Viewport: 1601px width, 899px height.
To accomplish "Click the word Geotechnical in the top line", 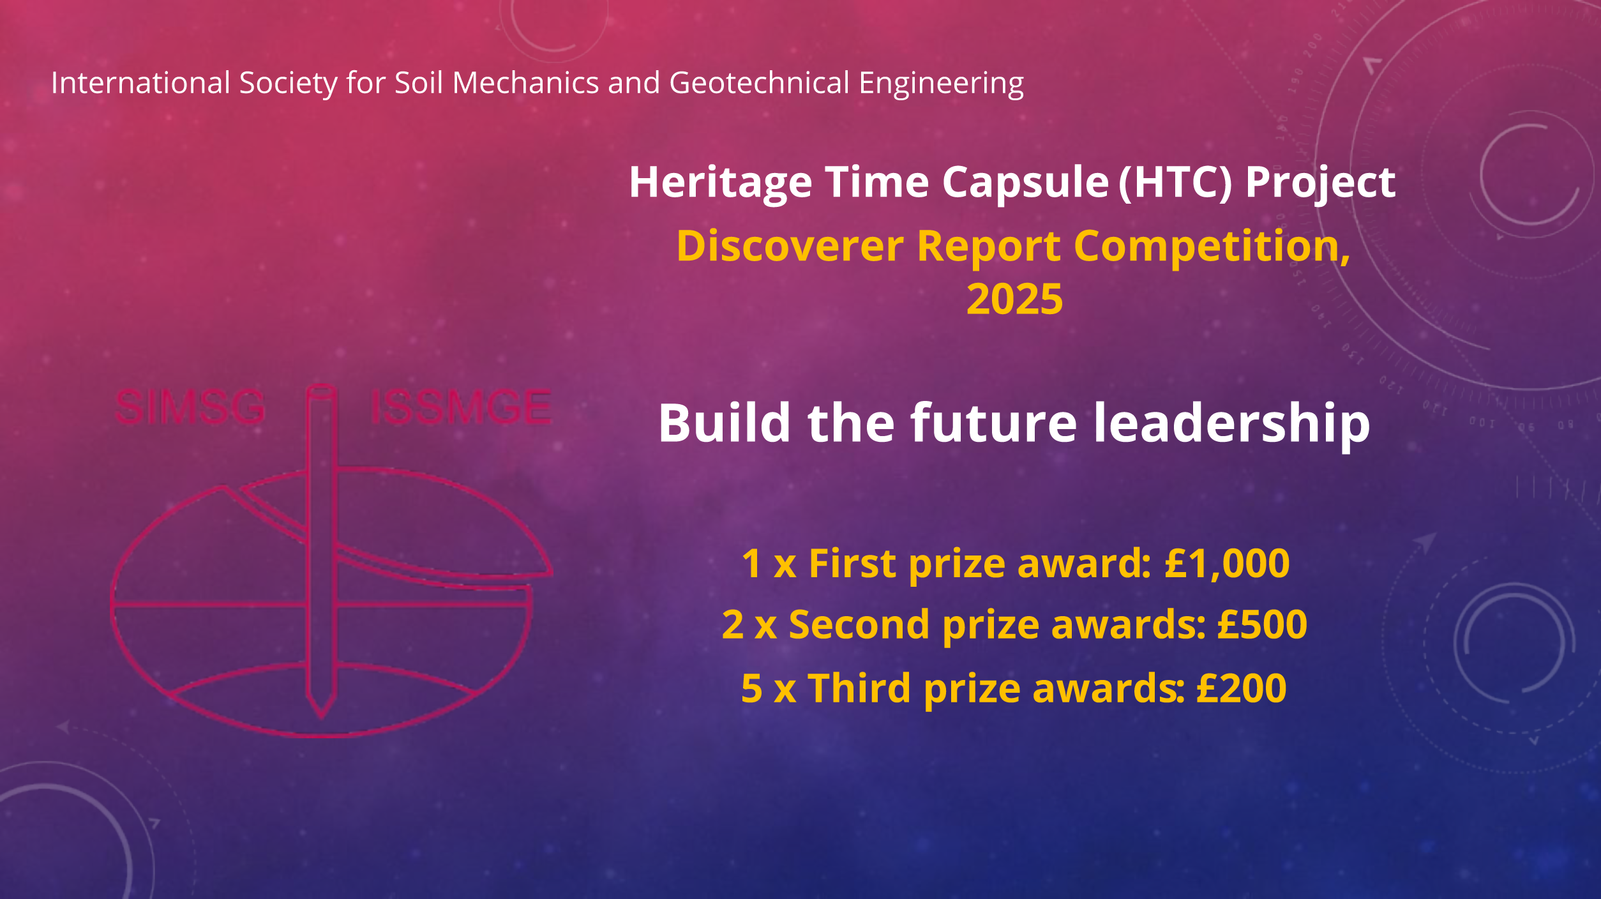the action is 759,84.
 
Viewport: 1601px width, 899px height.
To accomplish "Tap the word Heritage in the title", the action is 721,183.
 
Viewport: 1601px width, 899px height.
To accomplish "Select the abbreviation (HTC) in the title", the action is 1175,183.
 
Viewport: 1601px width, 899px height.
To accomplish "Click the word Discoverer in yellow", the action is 790,246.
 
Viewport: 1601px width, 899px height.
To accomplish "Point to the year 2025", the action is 1014,299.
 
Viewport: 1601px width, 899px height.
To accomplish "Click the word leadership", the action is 1231,423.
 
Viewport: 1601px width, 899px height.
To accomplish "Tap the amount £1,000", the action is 1226,564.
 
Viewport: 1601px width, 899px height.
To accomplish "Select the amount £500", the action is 1262,624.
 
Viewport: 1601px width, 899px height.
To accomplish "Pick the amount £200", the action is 1241,688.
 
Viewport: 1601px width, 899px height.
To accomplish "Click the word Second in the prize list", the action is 859,624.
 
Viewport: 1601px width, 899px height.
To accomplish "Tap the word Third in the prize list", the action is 859,688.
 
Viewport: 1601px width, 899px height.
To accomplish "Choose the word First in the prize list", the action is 853,564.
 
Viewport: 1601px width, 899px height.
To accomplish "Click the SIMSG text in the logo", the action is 190,407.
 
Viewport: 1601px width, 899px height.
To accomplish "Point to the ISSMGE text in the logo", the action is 461,407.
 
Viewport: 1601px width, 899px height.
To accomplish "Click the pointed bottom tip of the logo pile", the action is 322,718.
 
